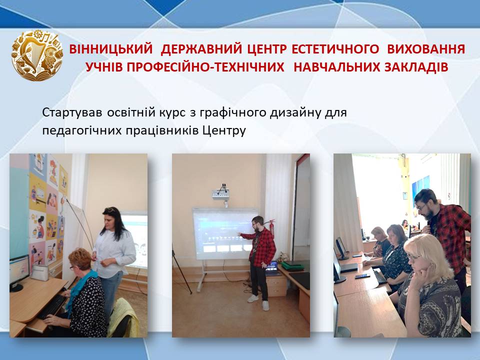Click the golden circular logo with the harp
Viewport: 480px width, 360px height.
(37, 55)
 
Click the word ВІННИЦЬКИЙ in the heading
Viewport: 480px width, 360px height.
(111, 49)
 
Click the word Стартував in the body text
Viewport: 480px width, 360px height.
(71, 112)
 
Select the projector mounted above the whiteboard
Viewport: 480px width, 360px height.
(221, 193)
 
